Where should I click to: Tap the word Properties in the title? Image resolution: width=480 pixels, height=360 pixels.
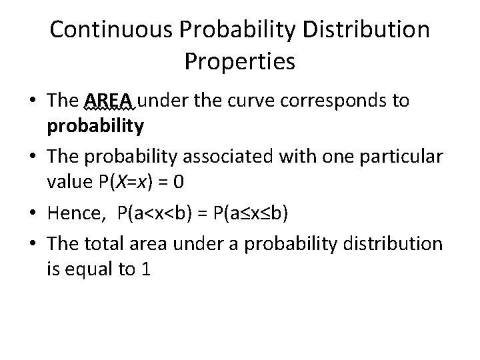pyautogui.click(x=239, y=62)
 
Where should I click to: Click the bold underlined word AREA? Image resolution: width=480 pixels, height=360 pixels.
pyautogui.click(x=110, y=101)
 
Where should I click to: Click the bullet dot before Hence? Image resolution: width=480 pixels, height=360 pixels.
pyautogui.click(x=33, y=214)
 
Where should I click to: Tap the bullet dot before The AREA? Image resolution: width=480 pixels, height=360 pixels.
pyautogui.click(x=33, y=101)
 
